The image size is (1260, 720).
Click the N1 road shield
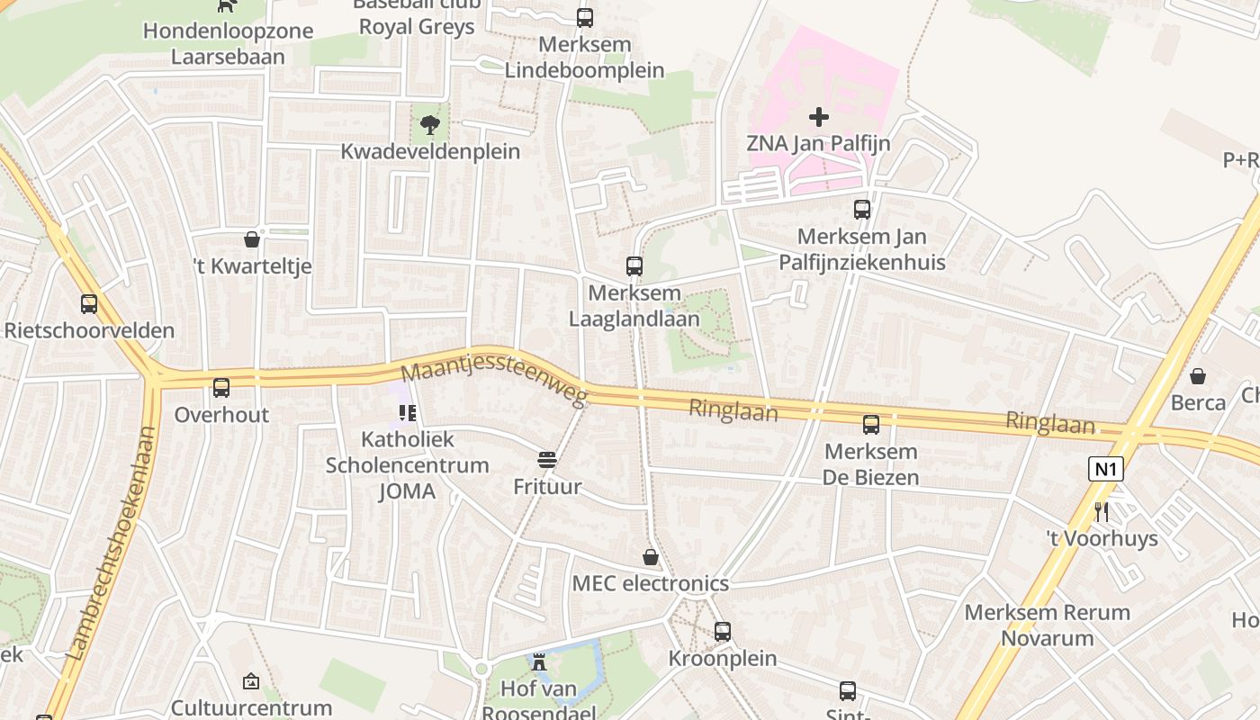click(1106, 469)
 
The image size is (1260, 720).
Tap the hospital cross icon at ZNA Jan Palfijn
click(818, 117)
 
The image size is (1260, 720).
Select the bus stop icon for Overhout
click(221, 388)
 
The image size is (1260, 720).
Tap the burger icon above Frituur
click(546, 460)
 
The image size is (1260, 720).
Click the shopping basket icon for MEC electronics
click(650, 557)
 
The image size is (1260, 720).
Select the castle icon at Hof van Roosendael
click(538, 662)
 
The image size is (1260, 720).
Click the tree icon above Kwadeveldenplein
click(429, 124)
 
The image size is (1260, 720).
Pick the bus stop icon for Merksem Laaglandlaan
click(634, 266)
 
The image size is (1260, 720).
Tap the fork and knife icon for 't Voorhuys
click(1102, 512)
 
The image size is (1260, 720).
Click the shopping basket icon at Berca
click(1198, 375)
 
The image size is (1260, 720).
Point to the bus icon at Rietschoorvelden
click(88, 304)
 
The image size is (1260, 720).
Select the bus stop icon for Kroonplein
click(723, 632)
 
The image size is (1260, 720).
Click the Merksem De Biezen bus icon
click(870, 425)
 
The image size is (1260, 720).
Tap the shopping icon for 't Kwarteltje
click(252, 239)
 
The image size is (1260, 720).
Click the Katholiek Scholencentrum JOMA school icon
click(407, 413)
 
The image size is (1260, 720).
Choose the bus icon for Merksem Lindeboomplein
click(584, 18)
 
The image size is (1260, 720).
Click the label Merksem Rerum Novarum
click(1047, 625)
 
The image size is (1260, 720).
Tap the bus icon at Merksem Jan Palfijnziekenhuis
click(861, 210)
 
